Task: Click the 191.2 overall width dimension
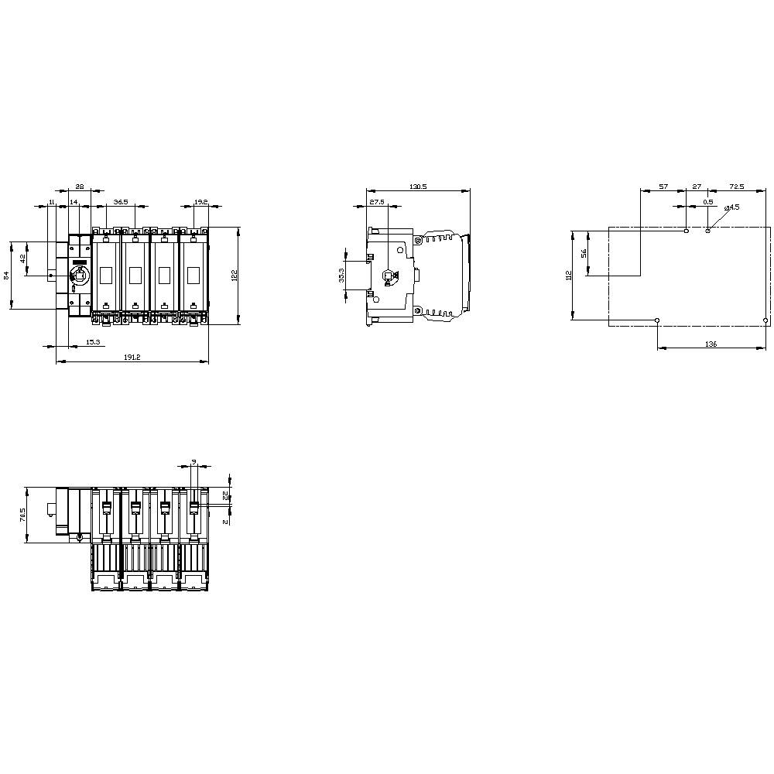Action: click(132, 357)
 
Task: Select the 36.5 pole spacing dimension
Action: click(121, 202)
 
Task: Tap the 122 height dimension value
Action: click(235, 275)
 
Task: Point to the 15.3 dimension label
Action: click(93, 341)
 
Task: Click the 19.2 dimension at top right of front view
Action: click(200, 202)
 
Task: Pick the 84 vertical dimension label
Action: click(7, 275)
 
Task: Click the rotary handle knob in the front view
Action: click(80, 275)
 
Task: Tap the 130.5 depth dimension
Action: click(418, 187)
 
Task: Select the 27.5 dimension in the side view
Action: click(377, 202)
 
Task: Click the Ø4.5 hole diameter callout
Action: click(731, 207)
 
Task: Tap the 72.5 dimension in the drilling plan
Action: click(736, 187)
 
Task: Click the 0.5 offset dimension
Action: click(707, 202)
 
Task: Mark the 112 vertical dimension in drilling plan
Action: click(567, 275)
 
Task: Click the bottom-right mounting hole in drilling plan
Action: click(765, 320)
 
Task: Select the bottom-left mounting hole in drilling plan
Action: click(657, 320)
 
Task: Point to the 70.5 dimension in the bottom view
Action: click(22, 514)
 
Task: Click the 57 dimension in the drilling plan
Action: click(663, 187)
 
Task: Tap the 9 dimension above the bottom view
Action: click(193, 462)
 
